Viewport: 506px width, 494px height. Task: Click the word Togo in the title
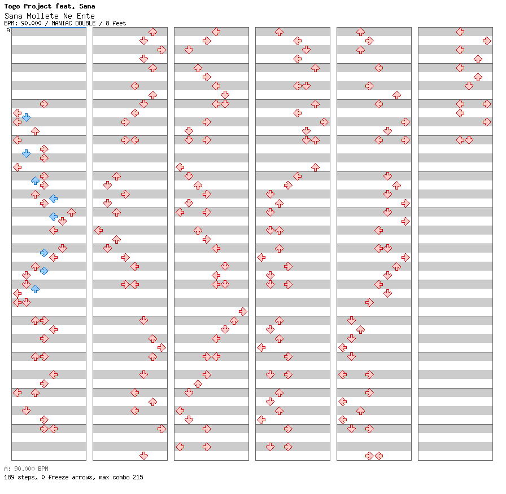(x=12, y=7)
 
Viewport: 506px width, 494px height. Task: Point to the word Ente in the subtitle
(x=86, y=16)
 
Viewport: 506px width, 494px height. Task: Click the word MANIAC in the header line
(x=65, y=24)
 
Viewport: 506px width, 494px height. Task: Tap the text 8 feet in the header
(x=116, y=24)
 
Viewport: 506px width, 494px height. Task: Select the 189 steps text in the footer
(x=19, y=478)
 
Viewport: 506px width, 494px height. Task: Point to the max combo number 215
(x=138, y=478)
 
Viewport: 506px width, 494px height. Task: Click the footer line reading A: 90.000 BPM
(x=26, y=469)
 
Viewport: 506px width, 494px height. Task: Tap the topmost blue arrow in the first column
(x=26, y=117)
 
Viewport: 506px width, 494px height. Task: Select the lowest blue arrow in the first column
(x=35, y=289)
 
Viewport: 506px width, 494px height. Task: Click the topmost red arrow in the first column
(x=44, y=104)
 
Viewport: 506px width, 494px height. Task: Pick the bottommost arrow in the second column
(x=143, y=456)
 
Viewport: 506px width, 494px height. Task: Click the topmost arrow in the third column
(x=216, y=32)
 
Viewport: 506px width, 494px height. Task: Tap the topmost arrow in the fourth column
(x=279, y=32)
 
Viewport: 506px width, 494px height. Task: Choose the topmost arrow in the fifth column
(x=360, y=32)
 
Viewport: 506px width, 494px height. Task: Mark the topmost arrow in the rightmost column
(x=460, y=32)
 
